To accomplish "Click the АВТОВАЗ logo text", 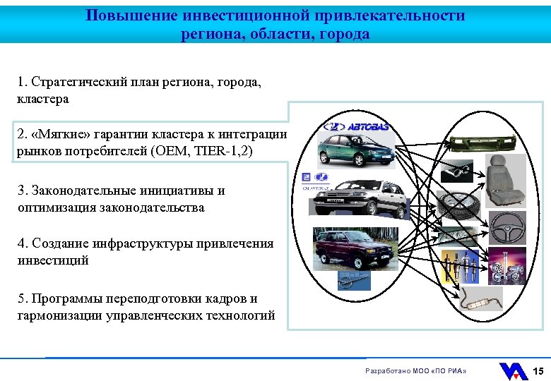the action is (x=365, y=127).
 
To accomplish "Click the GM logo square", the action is (x=307, y=176).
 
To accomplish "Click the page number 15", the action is (x=538, y=371).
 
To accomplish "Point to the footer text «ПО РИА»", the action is (x=451, y=371).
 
